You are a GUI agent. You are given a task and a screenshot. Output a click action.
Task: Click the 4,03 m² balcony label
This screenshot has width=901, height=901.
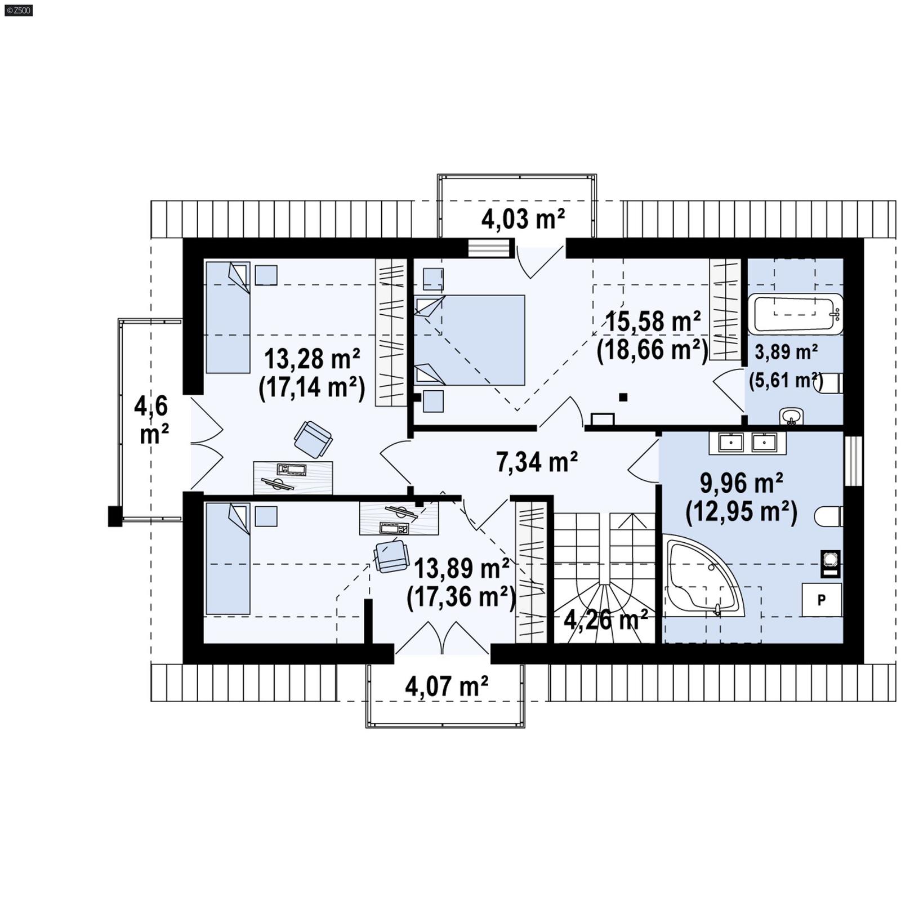click(x=522, y=218)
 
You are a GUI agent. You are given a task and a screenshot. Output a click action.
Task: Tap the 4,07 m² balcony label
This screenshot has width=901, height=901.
click(x=446, y=686)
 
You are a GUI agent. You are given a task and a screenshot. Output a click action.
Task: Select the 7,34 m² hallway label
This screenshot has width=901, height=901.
click(x=536, y=462)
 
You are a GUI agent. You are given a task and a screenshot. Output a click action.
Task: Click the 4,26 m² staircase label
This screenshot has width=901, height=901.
click(x=605, y=620)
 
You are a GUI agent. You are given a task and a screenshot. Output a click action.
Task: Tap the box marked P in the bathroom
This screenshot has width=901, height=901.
click(x=821, y=600)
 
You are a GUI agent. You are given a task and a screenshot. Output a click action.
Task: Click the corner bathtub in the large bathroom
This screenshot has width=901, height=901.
click(x=701, y=577)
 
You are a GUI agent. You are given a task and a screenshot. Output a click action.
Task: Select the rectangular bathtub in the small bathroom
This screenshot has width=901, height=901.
click(x=795, y=313)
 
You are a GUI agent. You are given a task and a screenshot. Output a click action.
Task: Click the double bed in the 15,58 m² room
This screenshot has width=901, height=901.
click(x=470, y=340)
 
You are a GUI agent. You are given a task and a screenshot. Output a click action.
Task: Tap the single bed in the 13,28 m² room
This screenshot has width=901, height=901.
click(x=228, y=318)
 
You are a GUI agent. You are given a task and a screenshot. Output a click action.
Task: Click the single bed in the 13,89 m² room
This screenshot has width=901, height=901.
click(x=228, y=559)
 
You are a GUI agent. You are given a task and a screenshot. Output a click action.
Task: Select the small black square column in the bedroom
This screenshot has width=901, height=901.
click(x=623, y=397)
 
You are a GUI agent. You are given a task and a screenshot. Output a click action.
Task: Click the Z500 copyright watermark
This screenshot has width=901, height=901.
click(x=18, y=10)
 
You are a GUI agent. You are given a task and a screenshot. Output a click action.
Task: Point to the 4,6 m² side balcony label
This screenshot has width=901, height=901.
click(x=151, y=420)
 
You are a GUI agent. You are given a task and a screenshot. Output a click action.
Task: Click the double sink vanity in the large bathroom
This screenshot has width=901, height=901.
click(x=747, y=443)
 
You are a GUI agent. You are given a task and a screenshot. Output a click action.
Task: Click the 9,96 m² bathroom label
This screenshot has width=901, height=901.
click(x=741, y=483)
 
